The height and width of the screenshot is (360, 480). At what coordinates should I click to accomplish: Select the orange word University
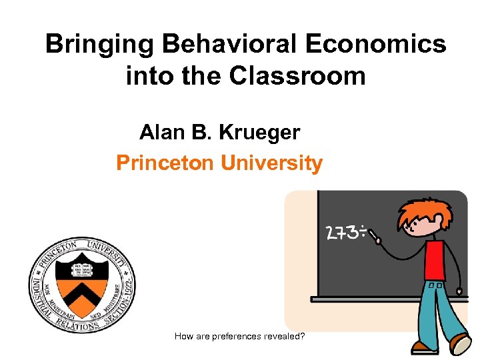271,163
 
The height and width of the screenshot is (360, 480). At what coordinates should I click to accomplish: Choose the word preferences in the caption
237,336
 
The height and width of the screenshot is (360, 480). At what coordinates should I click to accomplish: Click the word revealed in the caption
285,336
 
